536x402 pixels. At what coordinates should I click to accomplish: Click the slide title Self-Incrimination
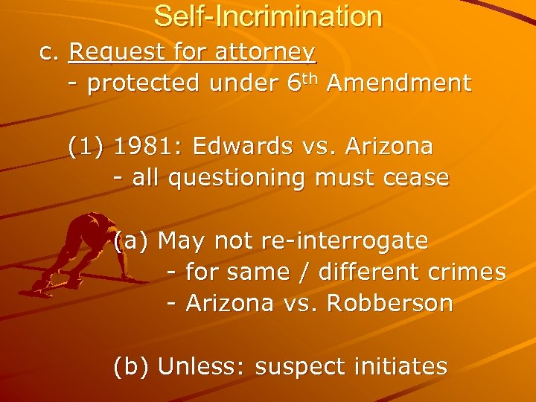tap(268, 16)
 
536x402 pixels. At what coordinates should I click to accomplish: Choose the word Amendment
tap(398, 84)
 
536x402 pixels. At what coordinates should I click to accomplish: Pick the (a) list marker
tap(132, 241)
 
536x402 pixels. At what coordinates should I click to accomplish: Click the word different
tap(372, 272)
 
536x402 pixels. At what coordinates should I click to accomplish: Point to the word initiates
tap(403, 366)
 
